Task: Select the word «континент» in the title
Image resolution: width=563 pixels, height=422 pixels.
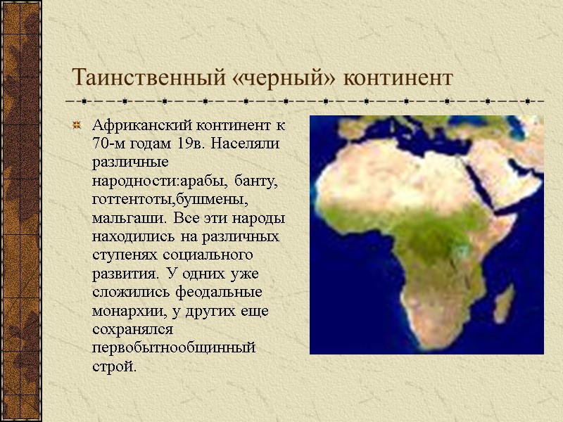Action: pos(396,76)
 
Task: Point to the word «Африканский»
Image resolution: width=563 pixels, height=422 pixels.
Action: pos(137,127)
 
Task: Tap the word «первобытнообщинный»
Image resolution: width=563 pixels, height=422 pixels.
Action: pos(174,347)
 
